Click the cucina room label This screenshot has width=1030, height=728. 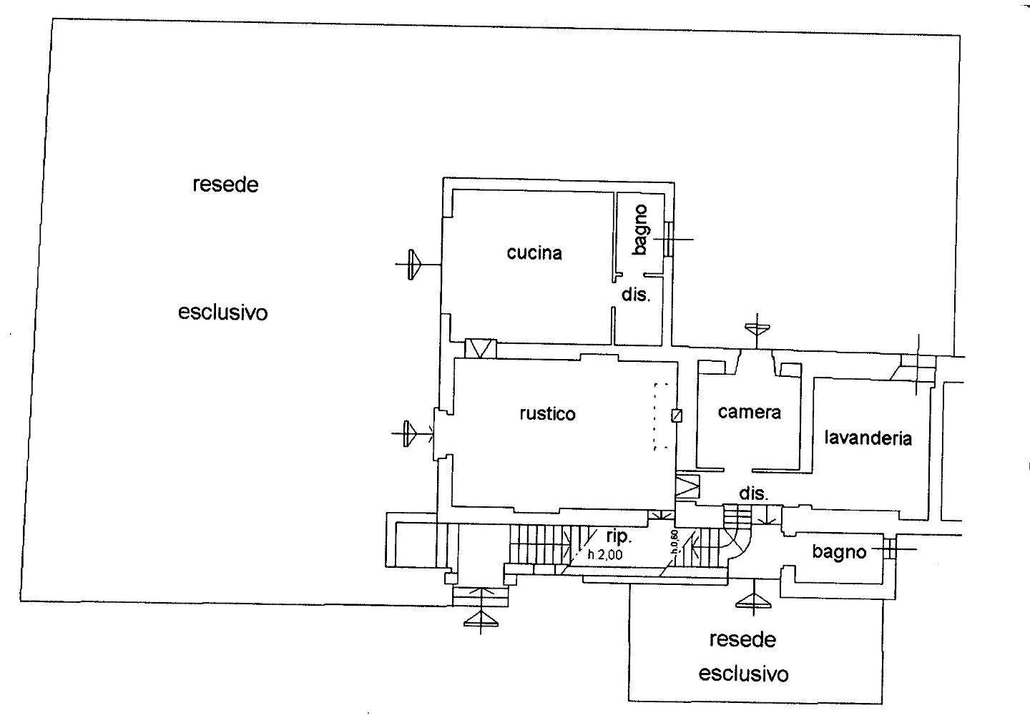pyautogui.click(x=534, y=252)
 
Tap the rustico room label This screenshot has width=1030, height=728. pyautogui.click(x=548, y=413)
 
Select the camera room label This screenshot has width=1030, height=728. pyautogui.click(x=749, y=412)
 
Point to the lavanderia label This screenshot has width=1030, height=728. pyautogui.click(x=868, y=438)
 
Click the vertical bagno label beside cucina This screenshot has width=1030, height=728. pyautogui.click(x=641, y=230)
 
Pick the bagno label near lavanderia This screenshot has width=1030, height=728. pyautogui.click(x=839, y=552)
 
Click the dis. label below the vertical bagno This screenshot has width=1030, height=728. pyautogui.click(x=636, y=294)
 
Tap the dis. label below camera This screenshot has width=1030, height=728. pyautogui.click(x=754, y=493)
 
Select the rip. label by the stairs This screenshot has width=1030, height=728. pyautogui.click(x=619, y=536)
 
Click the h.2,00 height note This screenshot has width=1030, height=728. pyautogui.click(x=605, y=555)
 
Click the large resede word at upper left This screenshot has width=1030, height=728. pyautogui.click(x=225, y=185)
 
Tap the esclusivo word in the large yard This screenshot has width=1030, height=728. pyautogui.click(x=222, y=313)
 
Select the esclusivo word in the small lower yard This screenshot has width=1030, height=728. pyautogui.click(x=744, y=674)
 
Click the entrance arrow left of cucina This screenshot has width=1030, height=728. pyautogui.click(x=416, y=265)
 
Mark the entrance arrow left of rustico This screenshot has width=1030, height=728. pyautogui.click(x=412, y=433)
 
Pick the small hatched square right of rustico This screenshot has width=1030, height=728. pyautogui.click(x=677, y=415)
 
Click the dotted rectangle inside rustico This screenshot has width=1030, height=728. pyautogui.click(x=662, y=416)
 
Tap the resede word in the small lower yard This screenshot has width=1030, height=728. pyautogui.click(x=742, y=640)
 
